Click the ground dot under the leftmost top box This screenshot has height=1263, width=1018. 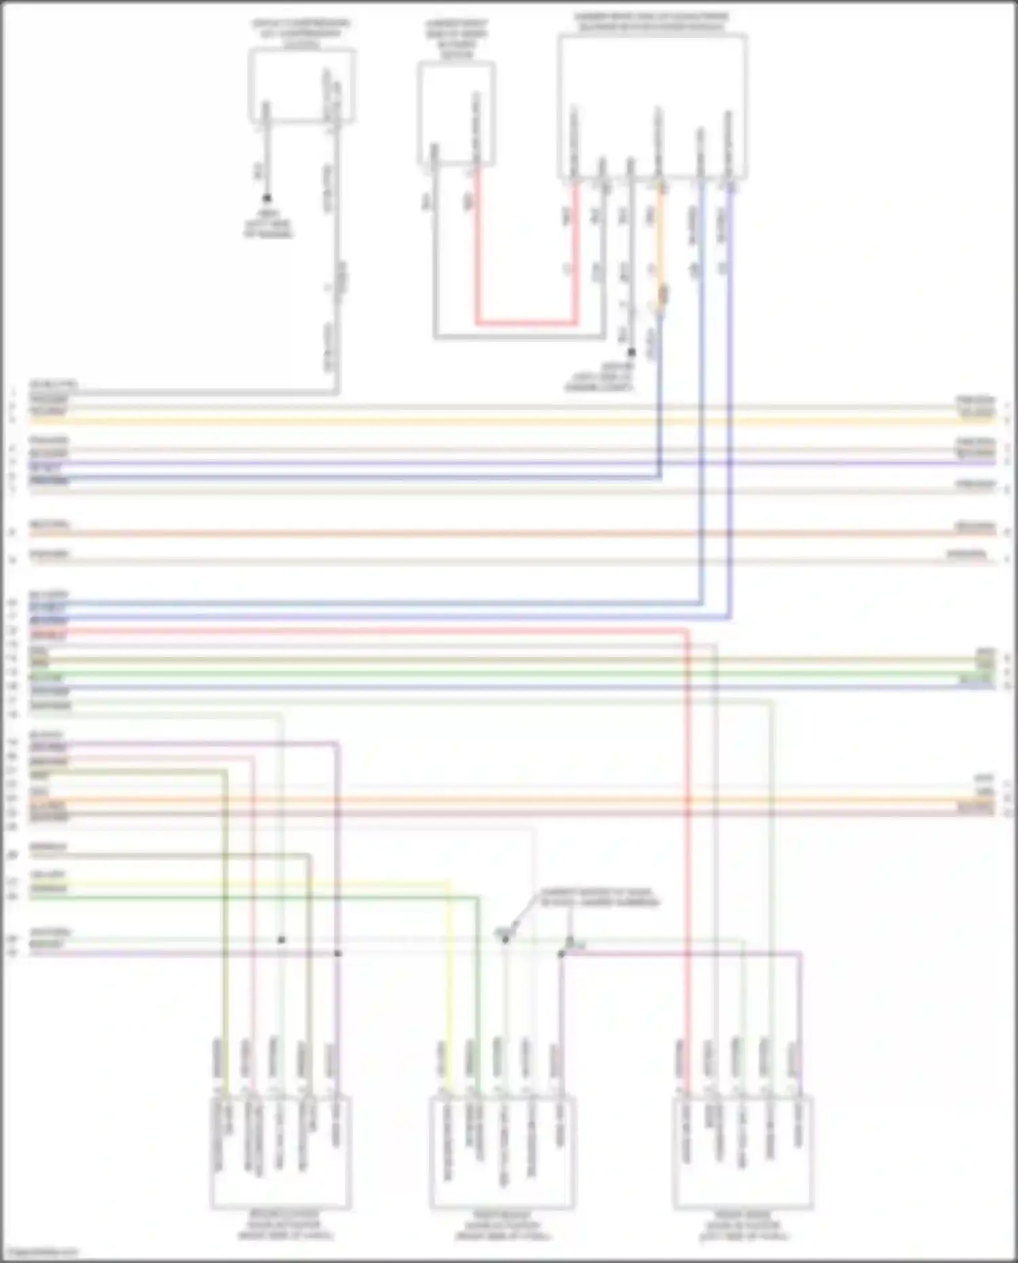(267, 198)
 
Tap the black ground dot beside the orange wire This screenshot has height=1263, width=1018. (631, 352)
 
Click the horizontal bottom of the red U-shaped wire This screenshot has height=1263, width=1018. (526, 323)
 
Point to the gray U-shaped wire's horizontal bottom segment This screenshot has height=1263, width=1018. (519, 336)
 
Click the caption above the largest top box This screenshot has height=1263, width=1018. (652, 22)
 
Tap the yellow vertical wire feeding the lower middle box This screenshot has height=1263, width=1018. (449, 984)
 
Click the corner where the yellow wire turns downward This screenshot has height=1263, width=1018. (449, 884)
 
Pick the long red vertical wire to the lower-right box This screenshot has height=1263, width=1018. (687, 814)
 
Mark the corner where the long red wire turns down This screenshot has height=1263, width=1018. (687, 631)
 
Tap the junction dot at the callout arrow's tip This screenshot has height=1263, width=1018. (505, 939)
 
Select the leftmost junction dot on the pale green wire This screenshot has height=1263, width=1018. (282, 940)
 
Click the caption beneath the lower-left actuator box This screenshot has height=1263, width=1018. (281, 1224)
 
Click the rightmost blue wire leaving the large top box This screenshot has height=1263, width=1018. (730, 407)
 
